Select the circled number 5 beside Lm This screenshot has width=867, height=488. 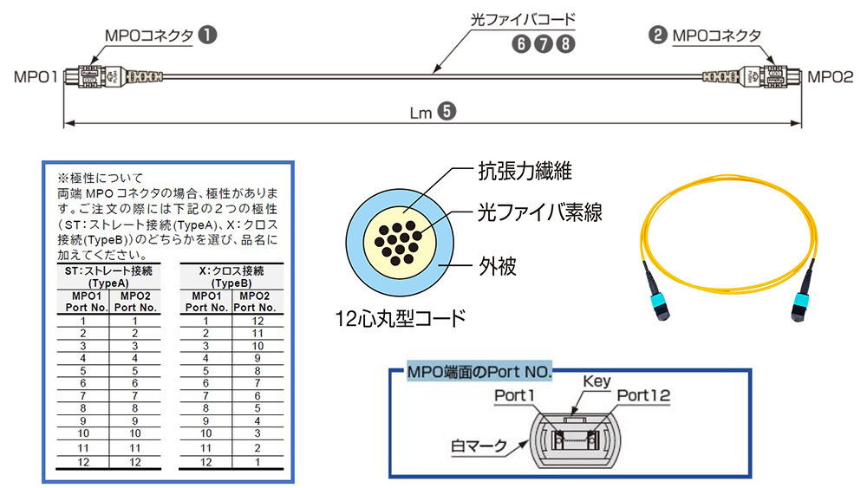pos(446,111)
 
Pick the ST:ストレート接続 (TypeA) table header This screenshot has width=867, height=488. pos(108,277)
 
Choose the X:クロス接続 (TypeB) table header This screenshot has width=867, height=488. pos(231,277)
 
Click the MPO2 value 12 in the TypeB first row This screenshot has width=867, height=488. pos(257,321)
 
